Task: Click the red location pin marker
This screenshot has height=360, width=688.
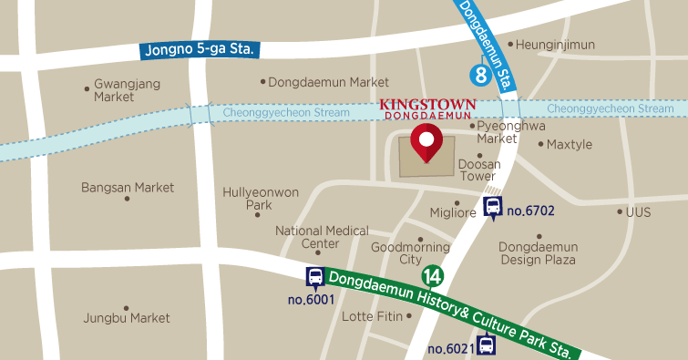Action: coord(426,143)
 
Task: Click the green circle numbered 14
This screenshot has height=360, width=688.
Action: coord(432,276)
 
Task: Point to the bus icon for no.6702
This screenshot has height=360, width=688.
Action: coord(493,208)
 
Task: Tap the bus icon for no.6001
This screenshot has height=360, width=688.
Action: coord(315,277)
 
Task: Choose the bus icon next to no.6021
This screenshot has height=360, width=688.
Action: coord(488,345)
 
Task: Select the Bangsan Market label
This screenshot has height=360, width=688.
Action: coord(127,188)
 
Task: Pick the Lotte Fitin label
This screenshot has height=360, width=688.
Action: coord(371,316)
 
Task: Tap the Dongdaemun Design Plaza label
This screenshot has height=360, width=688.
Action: coord(538,253)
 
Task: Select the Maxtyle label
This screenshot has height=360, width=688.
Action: coord(569,144)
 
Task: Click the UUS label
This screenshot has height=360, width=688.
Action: coord(638,211)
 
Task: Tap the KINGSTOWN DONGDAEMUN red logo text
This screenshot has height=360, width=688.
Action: coord(425,109)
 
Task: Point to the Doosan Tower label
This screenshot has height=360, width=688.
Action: coord(479,170)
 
